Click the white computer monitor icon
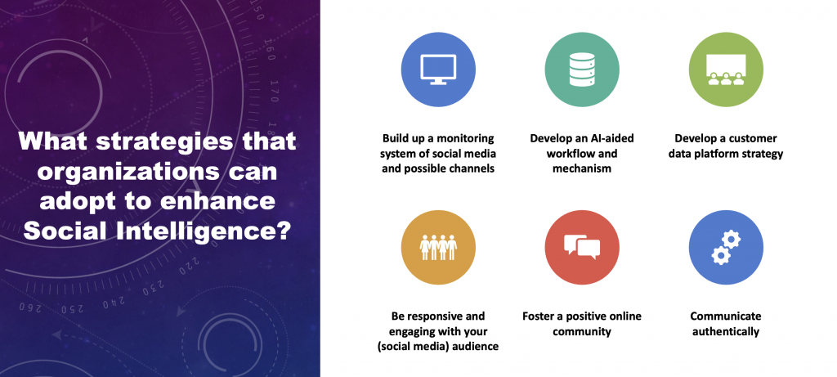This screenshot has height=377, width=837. click(438, 70)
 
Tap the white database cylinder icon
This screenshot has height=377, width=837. click(582, 70)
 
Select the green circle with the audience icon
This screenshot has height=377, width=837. click(726, 70)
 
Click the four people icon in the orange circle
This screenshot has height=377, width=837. click(438, 247)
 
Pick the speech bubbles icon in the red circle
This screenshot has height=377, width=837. click(582, 247)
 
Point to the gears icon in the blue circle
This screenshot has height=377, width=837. click(726, 247)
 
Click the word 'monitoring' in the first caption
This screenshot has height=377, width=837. click(464, 139)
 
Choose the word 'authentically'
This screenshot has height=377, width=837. click(726, 331)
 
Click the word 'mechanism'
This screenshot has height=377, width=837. click(582, 168)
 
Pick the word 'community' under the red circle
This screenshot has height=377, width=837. click(582, 331)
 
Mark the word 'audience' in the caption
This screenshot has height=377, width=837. click(475, 347)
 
